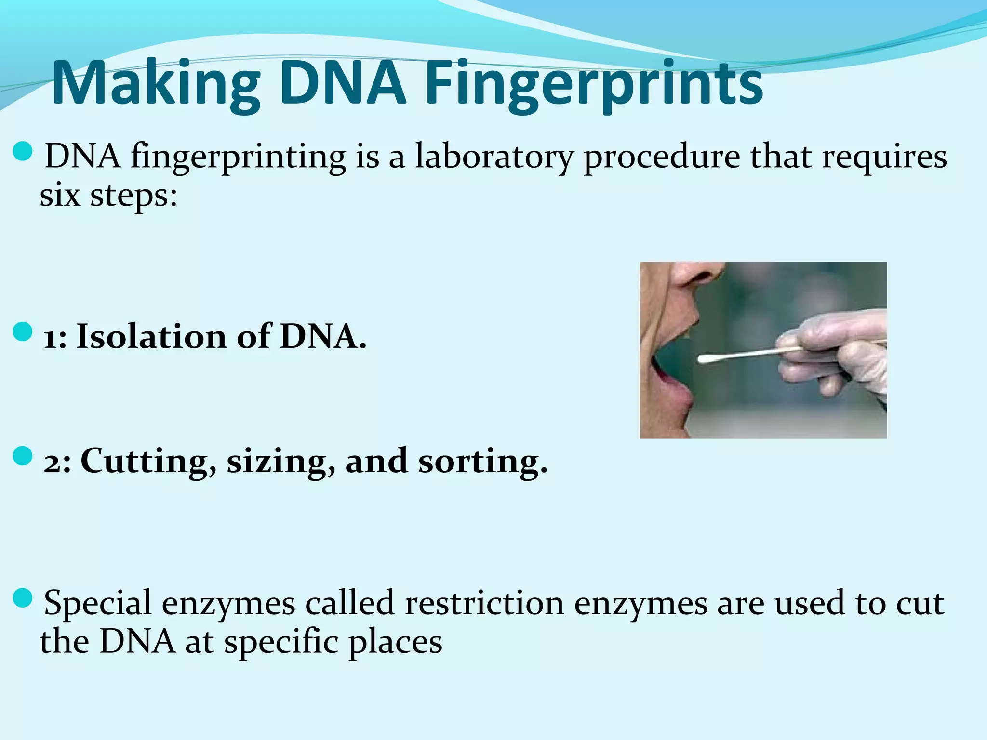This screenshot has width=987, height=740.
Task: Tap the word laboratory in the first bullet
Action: point(494,157)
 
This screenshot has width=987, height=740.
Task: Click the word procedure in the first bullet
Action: point(661,158)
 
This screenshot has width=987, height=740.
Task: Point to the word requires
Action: point(884,158)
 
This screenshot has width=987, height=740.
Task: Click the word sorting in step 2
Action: point(482,462)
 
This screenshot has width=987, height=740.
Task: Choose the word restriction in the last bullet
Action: point(484,603)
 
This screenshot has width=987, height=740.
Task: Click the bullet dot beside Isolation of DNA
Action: point(22,332)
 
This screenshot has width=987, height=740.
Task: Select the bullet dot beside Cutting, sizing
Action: point(22,456)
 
